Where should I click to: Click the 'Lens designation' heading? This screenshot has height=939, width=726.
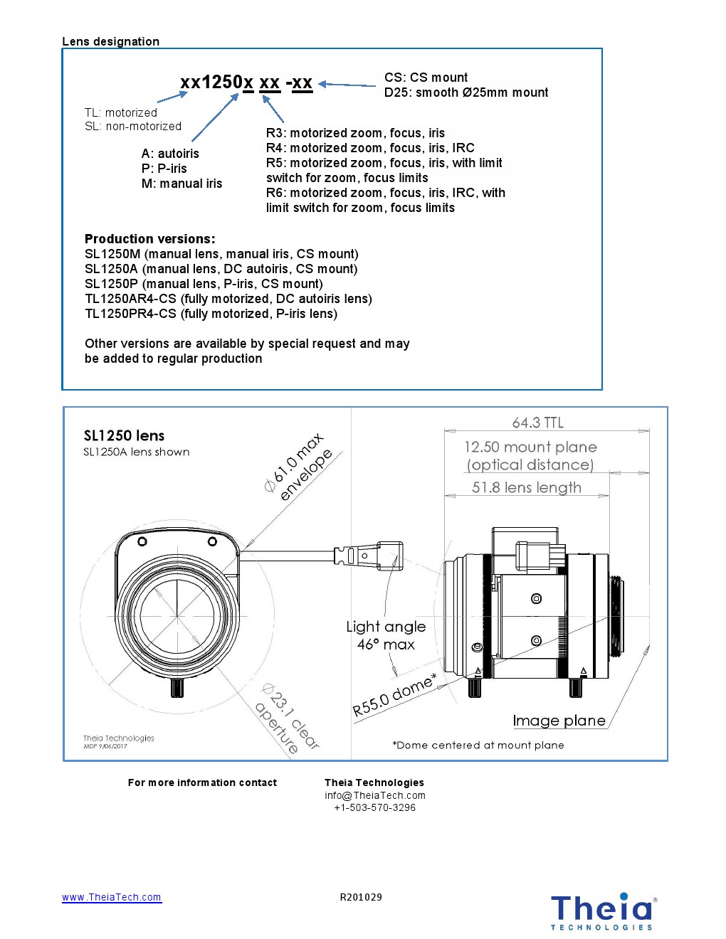[x=110, y=41]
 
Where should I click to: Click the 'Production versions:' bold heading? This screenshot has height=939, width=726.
[x=149, y=239]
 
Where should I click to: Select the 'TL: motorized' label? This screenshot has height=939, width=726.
[x=121, y=112]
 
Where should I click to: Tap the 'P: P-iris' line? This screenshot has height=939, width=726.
[x=164, y=169]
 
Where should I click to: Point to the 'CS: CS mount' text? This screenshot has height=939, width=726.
[x=426, y=78]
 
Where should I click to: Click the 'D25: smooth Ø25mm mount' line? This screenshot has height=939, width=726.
[x=466, y=92]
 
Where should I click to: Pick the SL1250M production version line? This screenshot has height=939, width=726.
[x=221, y=254]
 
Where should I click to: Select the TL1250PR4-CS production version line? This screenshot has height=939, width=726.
[x=211, y=314]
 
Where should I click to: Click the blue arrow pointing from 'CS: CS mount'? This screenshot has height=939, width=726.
[x=347, y=85]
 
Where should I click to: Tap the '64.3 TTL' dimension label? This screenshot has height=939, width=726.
[x=537, y=423]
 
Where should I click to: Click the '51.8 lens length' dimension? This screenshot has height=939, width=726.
[x=526, y=487]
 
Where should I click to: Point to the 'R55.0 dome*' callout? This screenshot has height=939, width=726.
[x=394, y=695]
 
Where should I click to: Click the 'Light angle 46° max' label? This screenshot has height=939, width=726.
[x=386, y=635]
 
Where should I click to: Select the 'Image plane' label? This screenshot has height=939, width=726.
[x=559, y=721]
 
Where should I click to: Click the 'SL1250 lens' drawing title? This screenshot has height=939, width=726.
[x=124, y=435]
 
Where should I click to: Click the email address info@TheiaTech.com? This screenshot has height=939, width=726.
[x=375, y=795]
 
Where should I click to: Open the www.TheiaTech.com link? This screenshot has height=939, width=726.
[x=112, y=897]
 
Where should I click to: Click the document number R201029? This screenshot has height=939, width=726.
[x=361, y=897]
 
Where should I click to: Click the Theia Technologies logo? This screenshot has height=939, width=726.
[x=602, y=911]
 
